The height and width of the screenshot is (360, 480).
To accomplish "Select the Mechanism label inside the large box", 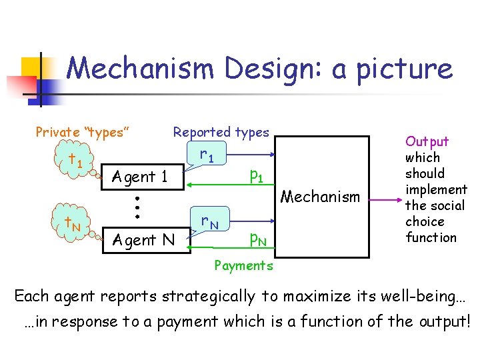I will pyautogui.click(x=320, y=197).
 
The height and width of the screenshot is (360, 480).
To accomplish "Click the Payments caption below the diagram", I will pyautogui.click(x=243, y=265).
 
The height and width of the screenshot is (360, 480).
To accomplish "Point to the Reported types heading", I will pyautogui.click(x=221, y=132).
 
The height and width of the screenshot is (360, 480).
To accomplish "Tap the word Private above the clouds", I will pyautogui.click(x=57, y=132).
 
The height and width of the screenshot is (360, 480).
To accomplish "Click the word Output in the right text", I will pyautogui.click(x=427, y=141).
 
